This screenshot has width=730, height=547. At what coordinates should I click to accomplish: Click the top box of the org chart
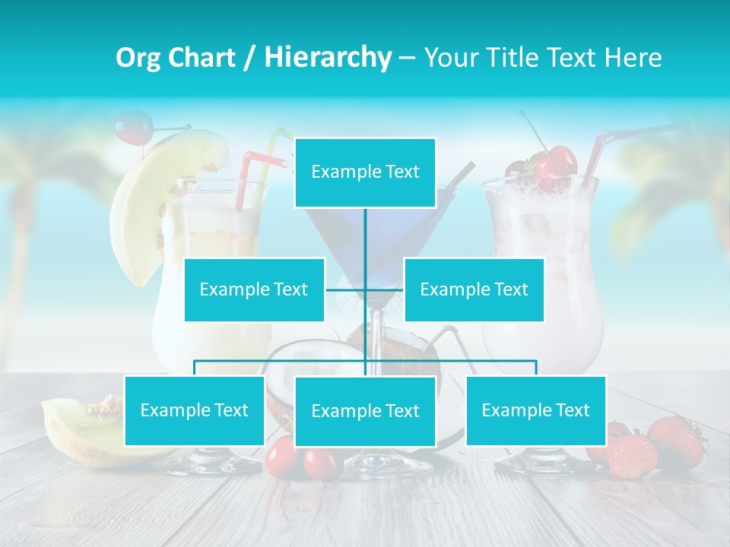[x=365, y=172]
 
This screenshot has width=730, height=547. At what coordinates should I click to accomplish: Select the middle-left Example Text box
[x=254, y=289]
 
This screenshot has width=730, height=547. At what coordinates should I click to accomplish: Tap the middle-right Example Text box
[x=474, y=289]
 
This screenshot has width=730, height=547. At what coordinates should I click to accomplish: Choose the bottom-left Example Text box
[x=195, y=410]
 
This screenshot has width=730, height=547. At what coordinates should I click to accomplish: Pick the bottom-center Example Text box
[x=365, y=411]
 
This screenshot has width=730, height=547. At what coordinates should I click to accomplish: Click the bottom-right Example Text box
[x=536, y=410]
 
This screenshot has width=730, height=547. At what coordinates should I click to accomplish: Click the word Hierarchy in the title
[x=328, y=57]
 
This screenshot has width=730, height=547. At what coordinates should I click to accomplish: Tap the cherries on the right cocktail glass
[x=551, y=166]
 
